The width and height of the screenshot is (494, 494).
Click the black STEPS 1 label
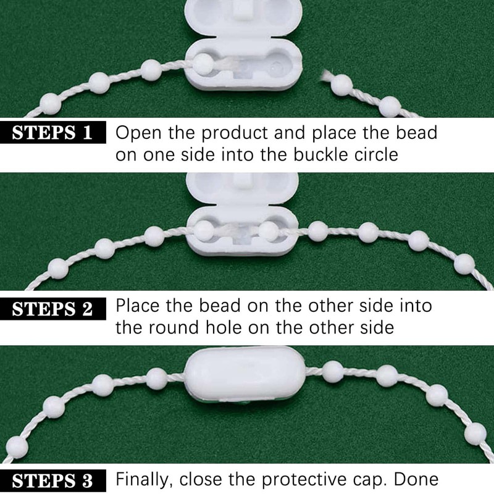tap(52, 132)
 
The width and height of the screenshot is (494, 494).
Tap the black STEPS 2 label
tap(52, 309)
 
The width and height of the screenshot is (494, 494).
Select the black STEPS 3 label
tap(52, 481)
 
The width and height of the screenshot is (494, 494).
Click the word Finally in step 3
tap(142, 480)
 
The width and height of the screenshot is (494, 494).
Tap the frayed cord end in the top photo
tap(325, 77)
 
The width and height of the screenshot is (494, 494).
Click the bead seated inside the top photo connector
tap(203, 64)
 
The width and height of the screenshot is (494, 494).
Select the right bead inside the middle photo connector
tap(269, 232)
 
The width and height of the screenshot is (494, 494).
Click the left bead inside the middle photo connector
tap(204, 231)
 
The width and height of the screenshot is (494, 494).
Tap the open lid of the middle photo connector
tap(242, 189)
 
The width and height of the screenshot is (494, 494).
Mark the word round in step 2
tap(174, 327)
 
